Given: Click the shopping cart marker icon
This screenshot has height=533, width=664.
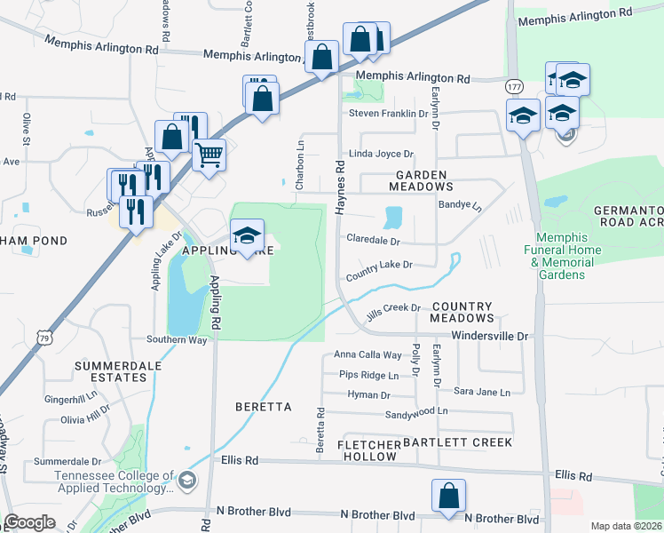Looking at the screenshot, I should click(209, 155).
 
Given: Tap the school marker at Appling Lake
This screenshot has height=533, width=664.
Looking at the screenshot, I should click(248, 235).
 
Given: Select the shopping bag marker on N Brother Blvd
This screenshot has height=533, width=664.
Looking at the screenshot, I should click(449, 496).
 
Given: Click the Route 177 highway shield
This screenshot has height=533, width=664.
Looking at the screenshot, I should click(515, 86).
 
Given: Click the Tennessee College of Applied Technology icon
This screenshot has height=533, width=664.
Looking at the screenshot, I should click(186, 481).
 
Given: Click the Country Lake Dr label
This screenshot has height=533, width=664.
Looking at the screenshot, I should click(380, 269).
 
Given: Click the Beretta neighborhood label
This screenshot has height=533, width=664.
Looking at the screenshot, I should click(264, 407).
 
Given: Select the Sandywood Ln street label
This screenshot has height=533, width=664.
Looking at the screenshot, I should click(416, 413).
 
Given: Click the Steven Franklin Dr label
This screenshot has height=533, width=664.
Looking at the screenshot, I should click(389, 114).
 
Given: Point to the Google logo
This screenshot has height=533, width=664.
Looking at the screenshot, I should click(30, 521).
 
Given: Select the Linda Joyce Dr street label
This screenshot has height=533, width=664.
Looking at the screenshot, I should click(382, 154).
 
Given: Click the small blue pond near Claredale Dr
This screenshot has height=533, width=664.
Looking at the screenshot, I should click(393, 217).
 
